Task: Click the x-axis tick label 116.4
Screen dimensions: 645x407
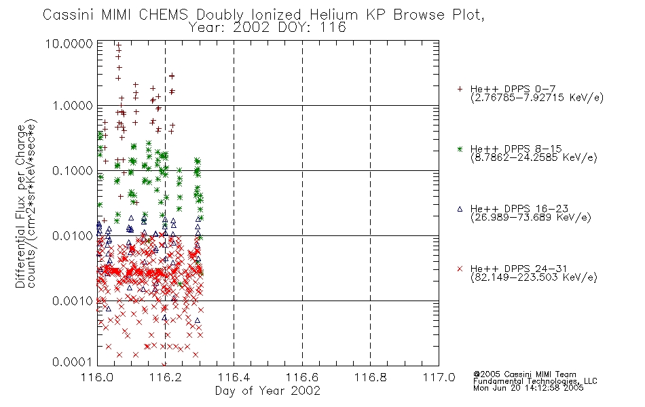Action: point(234,377)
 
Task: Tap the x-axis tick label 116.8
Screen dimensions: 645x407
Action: point(370,377)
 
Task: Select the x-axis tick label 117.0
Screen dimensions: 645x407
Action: point(439,377)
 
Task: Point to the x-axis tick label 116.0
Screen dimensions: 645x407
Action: point(97,377)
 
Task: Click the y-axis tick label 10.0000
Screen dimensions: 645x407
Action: point(69,43)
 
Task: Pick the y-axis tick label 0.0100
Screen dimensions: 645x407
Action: point(73,236)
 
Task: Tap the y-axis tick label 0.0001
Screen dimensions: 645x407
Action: point(73,362)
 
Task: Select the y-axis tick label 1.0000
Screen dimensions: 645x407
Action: point(73,106)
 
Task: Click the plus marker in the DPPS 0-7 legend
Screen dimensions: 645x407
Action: point(460,89)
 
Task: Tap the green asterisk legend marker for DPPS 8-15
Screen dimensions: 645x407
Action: point(460,149)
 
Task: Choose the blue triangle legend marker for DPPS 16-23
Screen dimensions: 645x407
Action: point(460,209)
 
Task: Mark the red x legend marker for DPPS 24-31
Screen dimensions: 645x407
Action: point(460,269)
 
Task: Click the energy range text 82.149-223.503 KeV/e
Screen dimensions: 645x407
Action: point(534,277)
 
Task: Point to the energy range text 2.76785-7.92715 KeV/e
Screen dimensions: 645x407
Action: point(537,98)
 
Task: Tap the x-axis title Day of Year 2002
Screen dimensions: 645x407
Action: point(268,391)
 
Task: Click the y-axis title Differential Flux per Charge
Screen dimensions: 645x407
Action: point(20,206)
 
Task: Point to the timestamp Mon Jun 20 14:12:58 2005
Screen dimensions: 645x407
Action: point(528,388)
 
